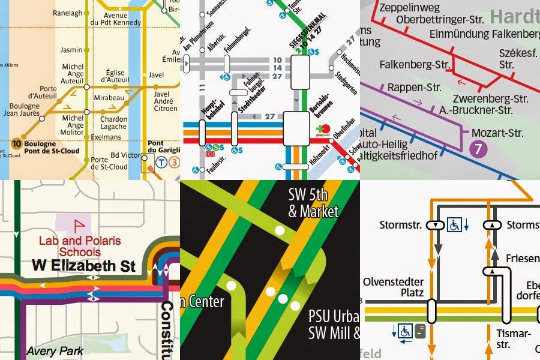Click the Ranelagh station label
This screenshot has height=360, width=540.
67,12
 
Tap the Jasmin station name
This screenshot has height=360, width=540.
72,50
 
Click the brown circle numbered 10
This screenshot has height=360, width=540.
16,144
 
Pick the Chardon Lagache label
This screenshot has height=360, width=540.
113,123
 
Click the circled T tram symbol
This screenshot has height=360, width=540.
161,161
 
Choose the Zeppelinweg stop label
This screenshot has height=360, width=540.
410,7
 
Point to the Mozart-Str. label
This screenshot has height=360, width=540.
497,133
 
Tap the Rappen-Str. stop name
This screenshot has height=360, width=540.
415,88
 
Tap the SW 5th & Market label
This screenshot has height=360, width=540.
313,203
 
